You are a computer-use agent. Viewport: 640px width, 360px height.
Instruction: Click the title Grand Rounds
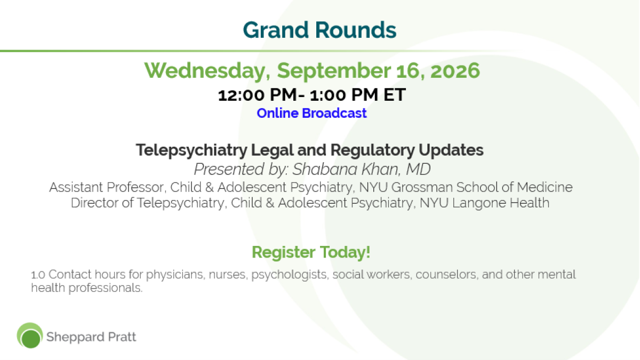(x=319, y=30)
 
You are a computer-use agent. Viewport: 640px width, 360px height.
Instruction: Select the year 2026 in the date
(x=455, y=70)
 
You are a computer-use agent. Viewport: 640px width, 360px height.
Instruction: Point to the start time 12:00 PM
(x=258, y=95)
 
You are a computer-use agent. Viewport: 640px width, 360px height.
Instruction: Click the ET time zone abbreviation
(x=395, y=94)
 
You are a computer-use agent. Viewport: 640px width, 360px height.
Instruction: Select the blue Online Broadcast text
(x=311, y=113)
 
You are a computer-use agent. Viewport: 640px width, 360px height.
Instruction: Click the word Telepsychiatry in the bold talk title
(x=191, y=150)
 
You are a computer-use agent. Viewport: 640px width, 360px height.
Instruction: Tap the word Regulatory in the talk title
(x=372, y=150)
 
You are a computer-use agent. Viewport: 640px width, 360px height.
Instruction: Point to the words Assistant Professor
(x=107, y=187)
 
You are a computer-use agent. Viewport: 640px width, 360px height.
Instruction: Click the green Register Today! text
(x=311, y=252)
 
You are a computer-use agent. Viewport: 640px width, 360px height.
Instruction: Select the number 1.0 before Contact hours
(x=38, y=275)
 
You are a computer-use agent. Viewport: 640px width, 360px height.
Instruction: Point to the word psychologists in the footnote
(x=289, y=275)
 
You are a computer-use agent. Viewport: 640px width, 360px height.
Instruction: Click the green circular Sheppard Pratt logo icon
(x=30, y=335)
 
